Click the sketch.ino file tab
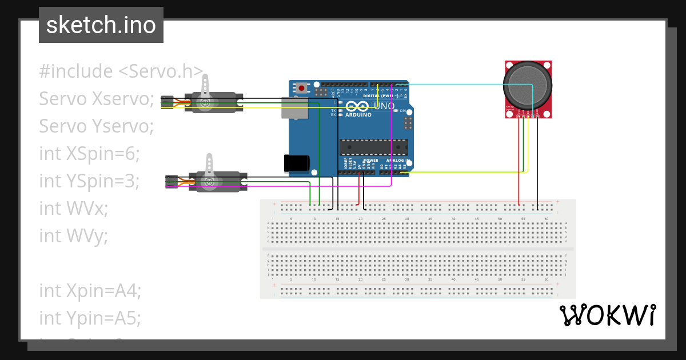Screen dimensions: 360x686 (101, 25)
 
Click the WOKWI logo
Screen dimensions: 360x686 (607, 315)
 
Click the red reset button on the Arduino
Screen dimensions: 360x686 (301, 88)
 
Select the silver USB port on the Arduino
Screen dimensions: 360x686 (293, 107)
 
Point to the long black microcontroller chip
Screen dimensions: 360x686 (373, 147)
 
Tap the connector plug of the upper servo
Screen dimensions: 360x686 (167, 102)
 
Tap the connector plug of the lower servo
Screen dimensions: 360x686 (171, 181)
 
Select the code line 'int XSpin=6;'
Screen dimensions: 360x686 (89, 154)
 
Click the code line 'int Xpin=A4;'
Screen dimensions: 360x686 (90, 290)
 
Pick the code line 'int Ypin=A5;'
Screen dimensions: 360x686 (90, 318)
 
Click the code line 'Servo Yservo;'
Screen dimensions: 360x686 (96, 126)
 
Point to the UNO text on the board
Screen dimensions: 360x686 (384, 106)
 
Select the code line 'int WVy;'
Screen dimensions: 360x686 (73, 235)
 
